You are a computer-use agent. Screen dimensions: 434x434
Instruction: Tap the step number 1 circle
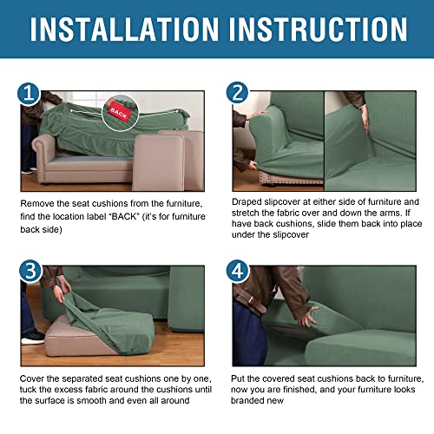[x=30, y=93]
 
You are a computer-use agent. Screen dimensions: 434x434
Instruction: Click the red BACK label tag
[x=116, y=111]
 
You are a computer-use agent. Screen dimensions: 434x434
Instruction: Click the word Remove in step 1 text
[x=40, y=202]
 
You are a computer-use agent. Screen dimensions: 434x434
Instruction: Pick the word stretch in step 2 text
[x=248, y=215]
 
